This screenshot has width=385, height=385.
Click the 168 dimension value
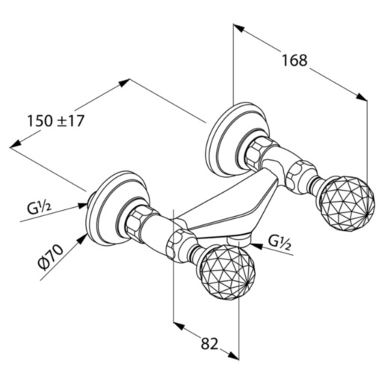pyautogui.click(x=295, y=61)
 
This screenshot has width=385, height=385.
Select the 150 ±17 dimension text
pyautogui.click(x=56, y=121)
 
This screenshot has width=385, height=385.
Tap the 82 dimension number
pyautogui.click(x=209, y=344)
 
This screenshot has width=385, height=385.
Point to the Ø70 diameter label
pyautogui.click(x=51, y=256)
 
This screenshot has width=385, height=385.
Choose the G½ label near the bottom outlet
pyautogui.click(x=280, y=242)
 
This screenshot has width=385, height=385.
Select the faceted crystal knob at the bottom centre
pyautogui.click(x=227, y=273)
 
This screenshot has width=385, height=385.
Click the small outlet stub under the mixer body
pyautogui.click(x=238, y=240)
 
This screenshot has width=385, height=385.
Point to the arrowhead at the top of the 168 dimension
pyautogui.click(x=238, y=28)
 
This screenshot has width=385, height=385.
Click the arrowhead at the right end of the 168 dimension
pyautogui.click(x=362, y=96)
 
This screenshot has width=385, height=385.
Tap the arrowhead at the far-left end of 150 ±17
pyautogui.click(x=16, y=144)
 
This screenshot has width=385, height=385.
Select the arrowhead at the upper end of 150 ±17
pyautogui.click(x=124, y=83)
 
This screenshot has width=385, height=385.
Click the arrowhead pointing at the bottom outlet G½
pyautogui.click(x=256, y=246)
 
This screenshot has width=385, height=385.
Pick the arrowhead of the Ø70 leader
pyautogui.click(x=81, y=239)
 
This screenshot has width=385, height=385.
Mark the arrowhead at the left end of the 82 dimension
pyautogui.click(x=179, y=325)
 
